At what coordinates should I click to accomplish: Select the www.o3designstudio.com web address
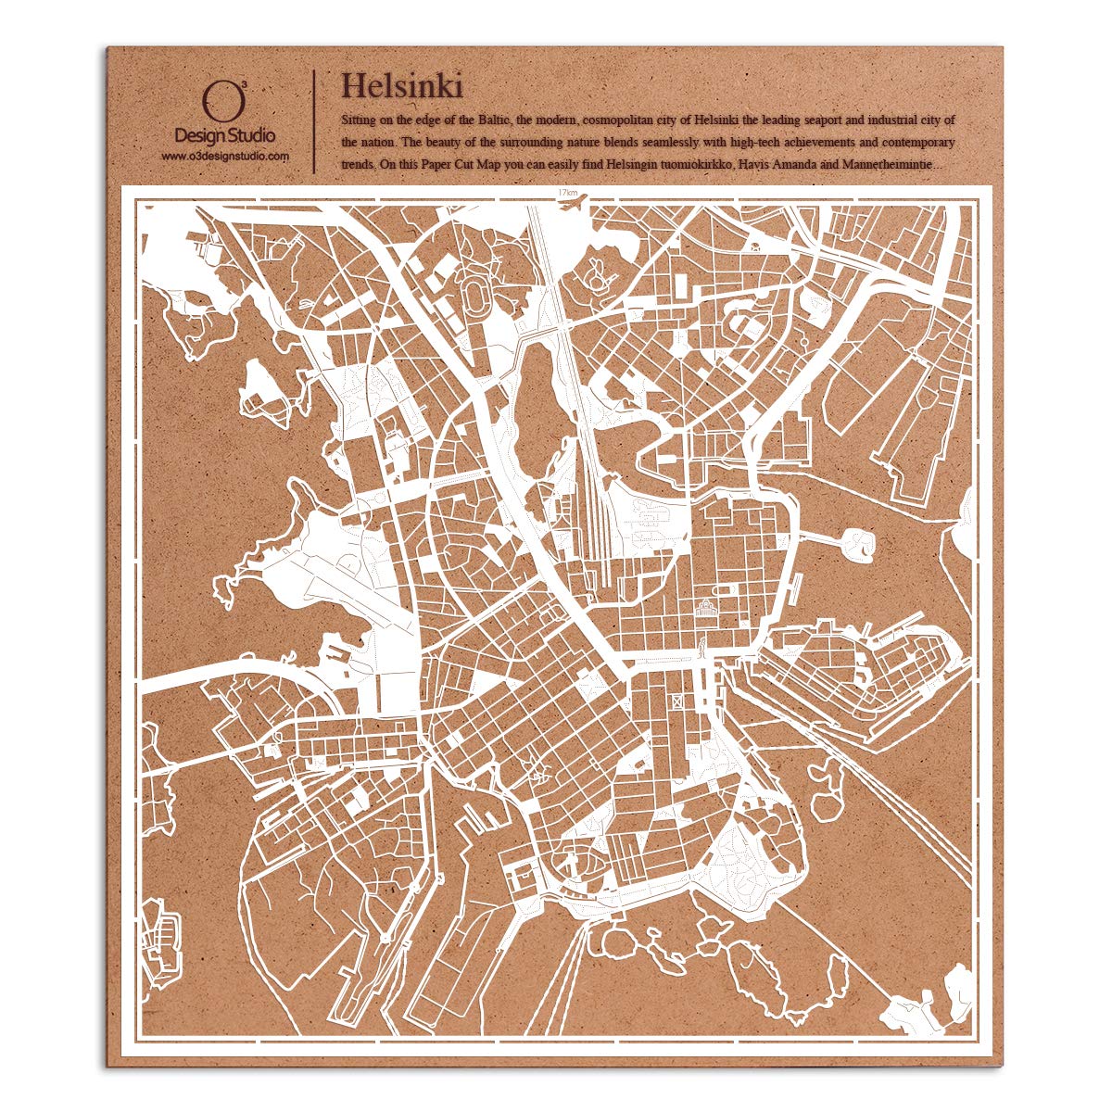click(x=224, y=157)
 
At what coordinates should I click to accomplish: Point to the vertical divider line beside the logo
click(x=315, y=120)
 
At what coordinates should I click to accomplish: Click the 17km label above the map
click(x=568, y=191)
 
